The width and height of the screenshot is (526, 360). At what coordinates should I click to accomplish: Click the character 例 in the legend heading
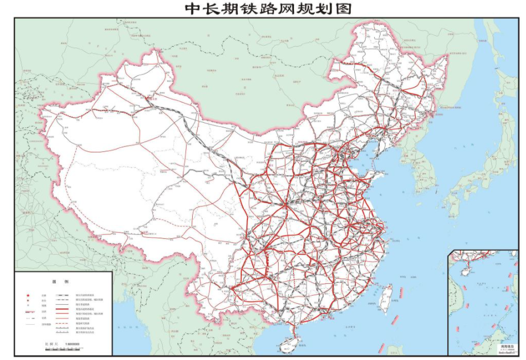(66, 282)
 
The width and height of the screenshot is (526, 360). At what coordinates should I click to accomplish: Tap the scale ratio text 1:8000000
(72, 344)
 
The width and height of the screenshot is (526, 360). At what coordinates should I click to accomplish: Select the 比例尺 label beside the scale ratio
(51, 344)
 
